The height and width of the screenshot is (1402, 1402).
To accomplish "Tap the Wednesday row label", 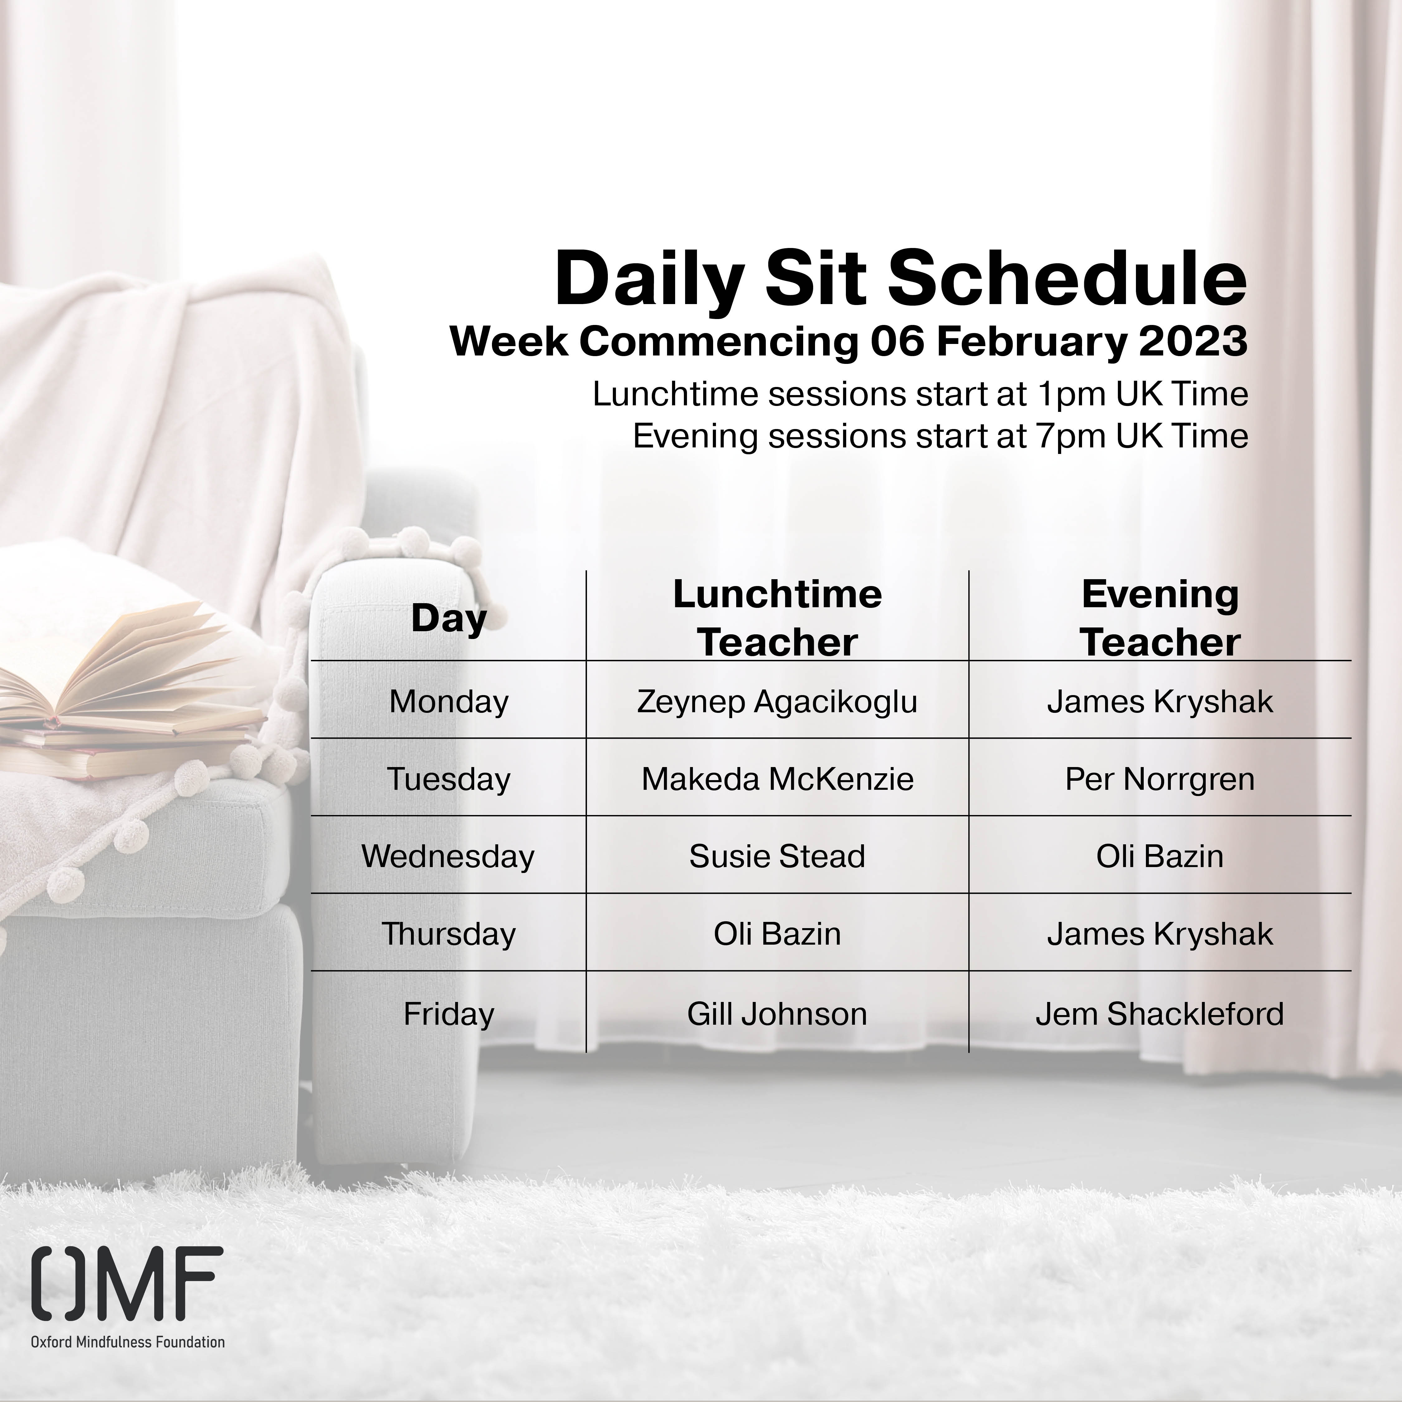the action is point(448,856).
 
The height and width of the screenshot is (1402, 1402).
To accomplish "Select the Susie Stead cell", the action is point(777,856).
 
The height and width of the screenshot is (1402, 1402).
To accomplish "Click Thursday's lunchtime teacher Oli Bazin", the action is point(777,934).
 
